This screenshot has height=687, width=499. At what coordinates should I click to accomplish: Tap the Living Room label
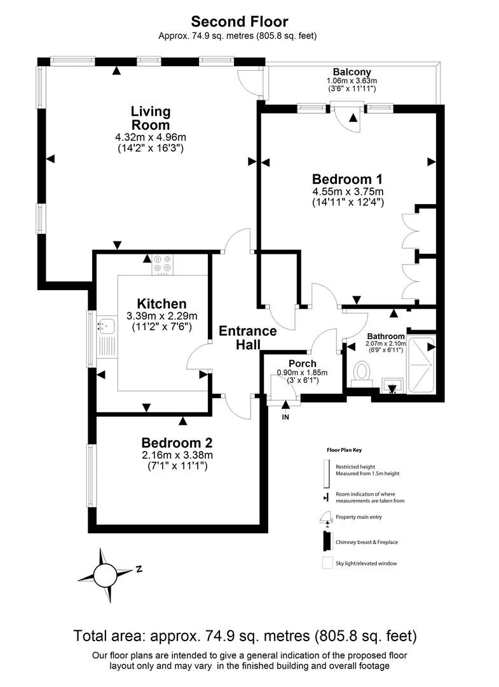point(151,118)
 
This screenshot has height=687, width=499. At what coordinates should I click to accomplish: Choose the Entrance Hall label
point(248,338)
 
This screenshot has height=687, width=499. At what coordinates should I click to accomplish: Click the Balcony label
point(352,72)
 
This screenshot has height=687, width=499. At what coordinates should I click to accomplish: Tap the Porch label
point(302,363)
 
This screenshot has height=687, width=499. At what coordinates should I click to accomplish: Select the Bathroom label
point(386,336)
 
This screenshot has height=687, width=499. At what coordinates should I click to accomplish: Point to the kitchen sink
point(104,326)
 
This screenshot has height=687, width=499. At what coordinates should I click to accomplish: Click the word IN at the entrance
point(285,417)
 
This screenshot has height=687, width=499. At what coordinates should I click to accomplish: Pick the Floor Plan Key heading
point(344,450)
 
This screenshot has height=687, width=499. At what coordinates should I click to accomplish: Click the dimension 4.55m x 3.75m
point(348,191)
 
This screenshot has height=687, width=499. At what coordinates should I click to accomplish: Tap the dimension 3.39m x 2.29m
point(161,316)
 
